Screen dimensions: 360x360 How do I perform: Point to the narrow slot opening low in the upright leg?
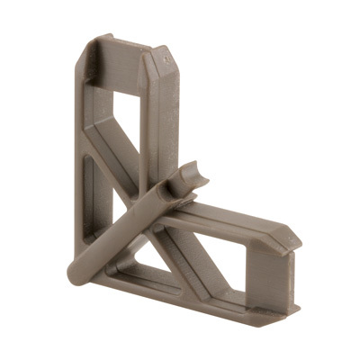(x=90, y=184)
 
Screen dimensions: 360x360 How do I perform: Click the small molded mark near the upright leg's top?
(x=169, y=56)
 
